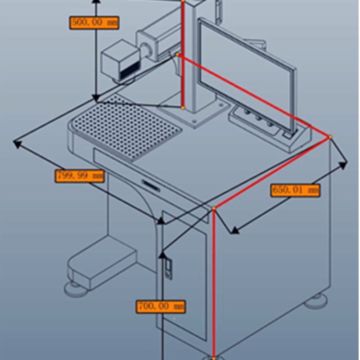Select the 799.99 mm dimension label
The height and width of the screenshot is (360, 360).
coord(80,175)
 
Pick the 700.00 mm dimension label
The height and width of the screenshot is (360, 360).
coord(161,307)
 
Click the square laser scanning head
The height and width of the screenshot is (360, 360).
coord(120,61)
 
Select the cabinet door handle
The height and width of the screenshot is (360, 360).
coord(167,269)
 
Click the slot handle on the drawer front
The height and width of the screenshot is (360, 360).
coord(150,184)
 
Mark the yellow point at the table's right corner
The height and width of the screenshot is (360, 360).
coord(330,136)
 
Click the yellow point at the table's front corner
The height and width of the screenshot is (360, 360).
coord(214,208)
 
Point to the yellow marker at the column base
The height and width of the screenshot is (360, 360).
coord(183,108)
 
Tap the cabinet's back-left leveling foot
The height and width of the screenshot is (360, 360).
coord(75,288)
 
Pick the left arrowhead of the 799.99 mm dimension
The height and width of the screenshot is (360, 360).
coord(17,144)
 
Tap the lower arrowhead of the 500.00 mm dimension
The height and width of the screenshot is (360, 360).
coord(95,98)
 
